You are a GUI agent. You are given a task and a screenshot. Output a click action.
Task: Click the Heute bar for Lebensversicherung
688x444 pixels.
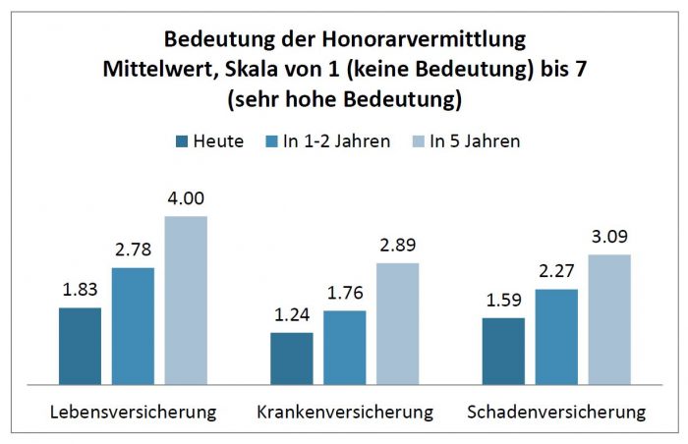(x=80, y=345)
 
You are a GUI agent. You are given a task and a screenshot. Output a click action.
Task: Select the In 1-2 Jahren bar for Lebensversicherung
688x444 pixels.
(x=133, y=325)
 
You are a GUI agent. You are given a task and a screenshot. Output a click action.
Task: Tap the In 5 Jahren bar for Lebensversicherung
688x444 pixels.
(x=186, y=300)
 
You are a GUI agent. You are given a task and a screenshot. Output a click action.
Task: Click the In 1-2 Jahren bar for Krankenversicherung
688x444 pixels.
(x=344, y=347)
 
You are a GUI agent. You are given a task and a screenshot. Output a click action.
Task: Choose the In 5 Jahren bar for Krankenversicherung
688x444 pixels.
(x=397, y=322)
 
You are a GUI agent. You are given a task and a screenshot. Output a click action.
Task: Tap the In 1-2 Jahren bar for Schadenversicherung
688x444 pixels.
(x=555, y=336)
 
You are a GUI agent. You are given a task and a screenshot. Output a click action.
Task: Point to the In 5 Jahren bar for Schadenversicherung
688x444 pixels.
(x=608, y=318)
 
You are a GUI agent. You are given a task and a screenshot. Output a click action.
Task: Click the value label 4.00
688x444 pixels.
(x=186, y=197)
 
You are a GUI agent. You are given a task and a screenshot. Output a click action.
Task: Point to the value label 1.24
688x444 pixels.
(x=291, y=314)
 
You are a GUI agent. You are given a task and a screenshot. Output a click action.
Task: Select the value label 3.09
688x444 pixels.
(x=608, y=237)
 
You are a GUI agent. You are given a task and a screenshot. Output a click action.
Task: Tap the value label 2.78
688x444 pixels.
(x=133, y=250)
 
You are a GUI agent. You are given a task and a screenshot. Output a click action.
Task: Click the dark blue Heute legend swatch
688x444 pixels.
(x=184, y=141)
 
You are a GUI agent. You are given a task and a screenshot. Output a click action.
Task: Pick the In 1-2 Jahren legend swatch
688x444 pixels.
(x=270, y=141)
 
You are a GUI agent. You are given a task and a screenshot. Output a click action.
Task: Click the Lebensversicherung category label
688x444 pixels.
(x=133, y=411)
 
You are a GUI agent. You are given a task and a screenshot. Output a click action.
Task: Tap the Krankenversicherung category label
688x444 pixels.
(x=344, y=411)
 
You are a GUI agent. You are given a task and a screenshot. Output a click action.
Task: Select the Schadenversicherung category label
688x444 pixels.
(x=555, y=411)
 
